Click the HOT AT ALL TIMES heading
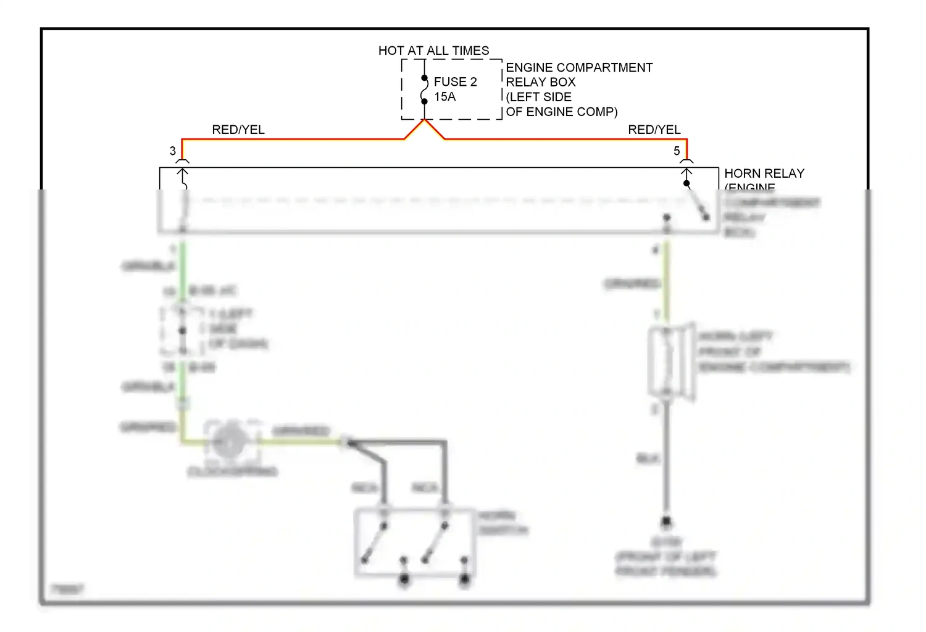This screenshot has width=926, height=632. coord(433,51)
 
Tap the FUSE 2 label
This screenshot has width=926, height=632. coord(455,81)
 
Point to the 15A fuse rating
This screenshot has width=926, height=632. coord(444,97)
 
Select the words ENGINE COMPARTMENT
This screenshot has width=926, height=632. coord(578,67)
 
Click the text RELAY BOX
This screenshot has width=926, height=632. coord(540,82)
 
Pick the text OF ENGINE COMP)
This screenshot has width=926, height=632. coord(561,112)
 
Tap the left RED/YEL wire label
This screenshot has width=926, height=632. coord(238,130)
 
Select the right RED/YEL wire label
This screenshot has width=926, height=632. coord(654,130)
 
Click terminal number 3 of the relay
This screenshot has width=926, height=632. coord(173,151)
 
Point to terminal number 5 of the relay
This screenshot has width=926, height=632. coord(677,151)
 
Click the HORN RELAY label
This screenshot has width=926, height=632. coord(764,173)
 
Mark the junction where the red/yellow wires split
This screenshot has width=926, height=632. coord(425,120)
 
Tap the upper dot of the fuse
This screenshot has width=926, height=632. coord(425,78)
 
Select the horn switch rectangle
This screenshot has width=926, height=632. coord(414,542)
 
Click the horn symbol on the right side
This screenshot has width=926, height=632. coord(671,362)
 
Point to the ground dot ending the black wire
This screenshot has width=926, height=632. coord(666,523)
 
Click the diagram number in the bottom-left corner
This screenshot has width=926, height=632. coord(67,589)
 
